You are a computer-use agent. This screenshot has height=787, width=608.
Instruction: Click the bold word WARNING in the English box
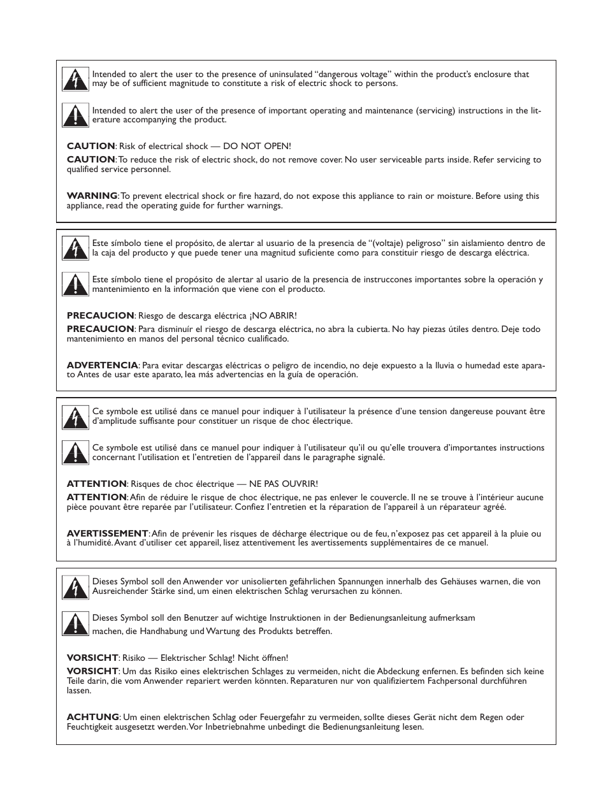[92, 196]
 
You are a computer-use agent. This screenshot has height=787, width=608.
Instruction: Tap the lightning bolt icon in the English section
[75, 79]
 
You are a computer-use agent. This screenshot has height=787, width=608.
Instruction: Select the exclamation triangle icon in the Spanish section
[75, 284]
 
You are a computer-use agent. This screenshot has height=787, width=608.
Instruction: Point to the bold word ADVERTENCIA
[102, 365]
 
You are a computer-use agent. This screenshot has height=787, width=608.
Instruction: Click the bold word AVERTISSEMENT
[107, 533]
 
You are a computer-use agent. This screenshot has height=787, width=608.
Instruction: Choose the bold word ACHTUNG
[92, 717]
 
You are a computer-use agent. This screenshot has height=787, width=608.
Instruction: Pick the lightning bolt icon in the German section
[75, 587]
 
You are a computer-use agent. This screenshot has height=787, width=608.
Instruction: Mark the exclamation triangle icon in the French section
[75, 452]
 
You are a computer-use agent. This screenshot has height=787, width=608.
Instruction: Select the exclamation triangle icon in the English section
[75, 115]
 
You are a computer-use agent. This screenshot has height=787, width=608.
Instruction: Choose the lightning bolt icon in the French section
[75, 417]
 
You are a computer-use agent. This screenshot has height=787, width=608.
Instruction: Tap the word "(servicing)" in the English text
[438, 111]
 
